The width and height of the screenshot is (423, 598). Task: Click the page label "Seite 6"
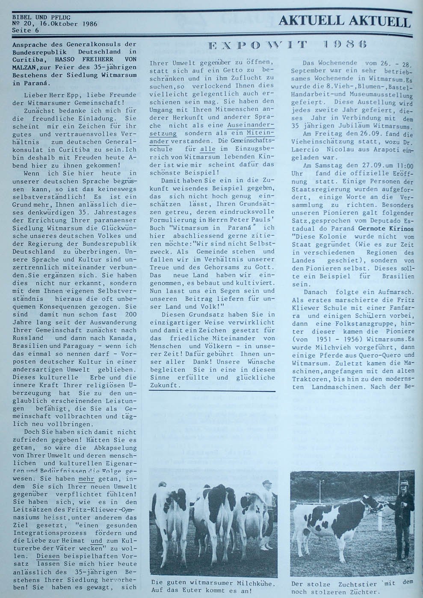pyautogui.click(x=25, y=30)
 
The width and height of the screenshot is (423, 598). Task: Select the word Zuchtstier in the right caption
pyautogui.click(x=346, y=583)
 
